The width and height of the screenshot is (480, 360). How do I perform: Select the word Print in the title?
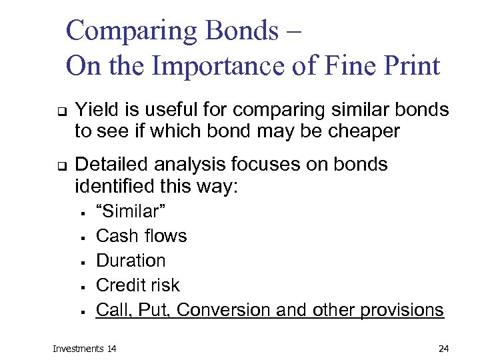[x=407, y=66]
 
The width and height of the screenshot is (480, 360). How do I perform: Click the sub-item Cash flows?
[x=141, y=236]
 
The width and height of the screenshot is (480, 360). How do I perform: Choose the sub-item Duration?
[x=131, y=260]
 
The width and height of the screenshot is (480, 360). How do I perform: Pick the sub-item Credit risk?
[x=138, y=285]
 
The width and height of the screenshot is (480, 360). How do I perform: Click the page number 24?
[x=444, y=348]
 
